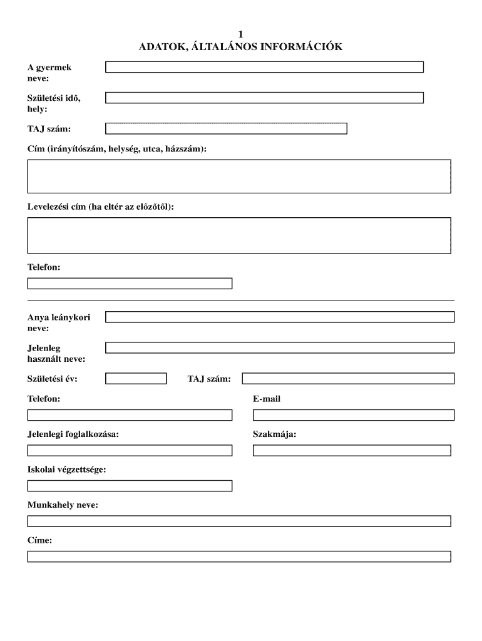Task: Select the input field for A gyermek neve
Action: click(x=264, y=67)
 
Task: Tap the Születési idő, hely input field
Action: click(x=264, y=98)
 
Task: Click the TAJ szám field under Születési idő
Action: click(x=226, y=128)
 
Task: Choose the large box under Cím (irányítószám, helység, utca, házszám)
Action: click(x=238, y=176)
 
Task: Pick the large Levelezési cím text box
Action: click(x=238, y=235)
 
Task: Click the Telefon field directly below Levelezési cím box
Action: click(x=130, y=284)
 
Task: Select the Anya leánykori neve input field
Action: click(x=279, y=317)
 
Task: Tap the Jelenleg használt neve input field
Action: click(x=279, y=347)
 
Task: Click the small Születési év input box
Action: click(x=136, y=378)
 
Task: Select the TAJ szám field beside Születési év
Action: click(x=348, y=378)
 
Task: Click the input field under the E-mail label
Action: click(x=353, y=415)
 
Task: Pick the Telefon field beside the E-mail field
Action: click(x=130, y=415)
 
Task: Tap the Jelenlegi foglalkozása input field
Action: click(x=130, y=450)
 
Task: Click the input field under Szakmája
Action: click(x=352, y=450)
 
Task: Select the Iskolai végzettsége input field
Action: click(x=130, y=486)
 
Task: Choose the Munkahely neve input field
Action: click(x=238, y=521)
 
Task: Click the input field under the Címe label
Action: click(x=238, y=556)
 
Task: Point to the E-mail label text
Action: click(x=267, y=399)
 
